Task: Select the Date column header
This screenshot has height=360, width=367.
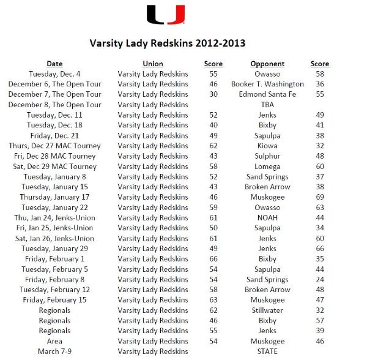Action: [54, 64]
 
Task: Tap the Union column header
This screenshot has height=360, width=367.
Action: [153, 64]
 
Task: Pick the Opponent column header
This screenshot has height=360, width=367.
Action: [267, 64]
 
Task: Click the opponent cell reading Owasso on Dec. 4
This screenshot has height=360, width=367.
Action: [267, 74]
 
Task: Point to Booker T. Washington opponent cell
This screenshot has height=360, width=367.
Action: [267, 84]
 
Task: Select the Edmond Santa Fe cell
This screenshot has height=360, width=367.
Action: [267, 94]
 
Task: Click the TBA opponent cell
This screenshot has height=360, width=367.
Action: [267, 105]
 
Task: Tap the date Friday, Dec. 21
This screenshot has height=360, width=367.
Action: [54, 135]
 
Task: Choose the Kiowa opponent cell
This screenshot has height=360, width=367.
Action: [267, 146]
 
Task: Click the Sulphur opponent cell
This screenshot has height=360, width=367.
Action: [267, 156]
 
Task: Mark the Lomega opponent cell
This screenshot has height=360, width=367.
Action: [267, 167]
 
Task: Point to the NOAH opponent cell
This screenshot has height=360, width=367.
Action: [267, 218]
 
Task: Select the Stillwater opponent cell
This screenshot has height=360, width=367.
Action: [267, 310]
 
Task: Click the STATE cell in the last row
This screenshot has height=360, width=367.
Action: [267, 351]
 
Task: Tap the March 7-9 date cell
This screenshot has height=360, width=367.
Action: [54, 351]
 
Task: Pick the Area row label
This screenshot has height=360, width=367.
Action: [54, 341]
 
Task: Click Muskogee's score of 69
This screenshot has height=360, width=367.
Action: [319, 197]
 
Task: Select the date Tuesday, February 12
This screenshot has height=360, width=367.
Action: [54, 290]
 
